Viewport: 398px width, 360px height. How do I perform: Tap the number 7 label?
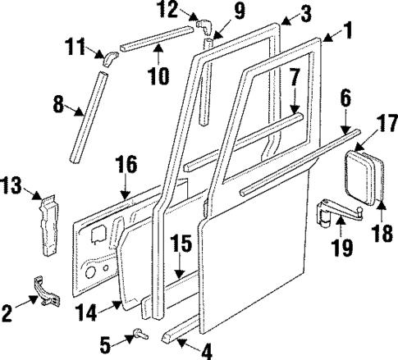293,80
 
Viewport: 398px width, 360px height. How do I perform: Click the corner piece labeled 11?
111,57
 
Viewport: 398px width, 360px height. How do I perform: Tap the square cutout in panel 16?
98,236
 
